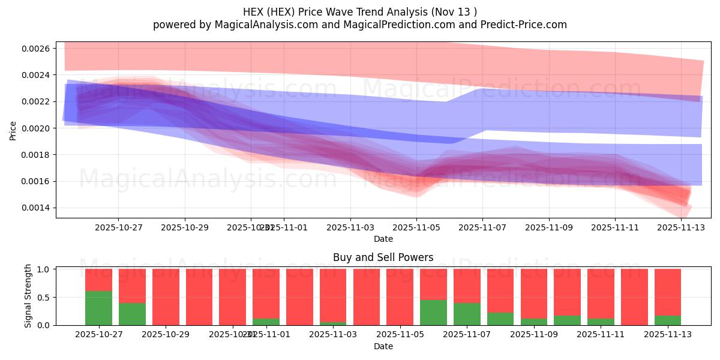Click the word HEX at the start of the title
click(x=253, y=12)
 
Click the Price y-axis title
click(x=13, y=130)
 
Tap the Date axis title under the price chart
click(x=383, y=239)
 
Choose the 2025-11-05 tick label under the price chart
click(x=416, y=227)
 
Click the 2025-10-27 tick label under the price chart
click(x=118, y=227)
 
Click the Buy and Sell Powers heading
click(x=383, y=257)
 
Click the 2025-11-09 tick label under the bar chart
click(x=534, y=335)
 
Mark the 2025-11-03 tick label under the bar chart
click(x=333, y=335)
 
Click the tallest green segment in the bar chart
click(x=98, y=308)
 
